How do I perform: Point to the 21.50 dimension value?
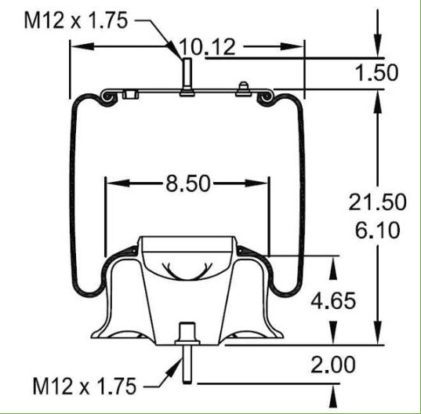tap(378, 202)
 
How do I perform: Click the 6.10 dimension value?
tap(378, 230)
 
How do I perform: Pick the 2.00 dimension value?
tap(333, 365)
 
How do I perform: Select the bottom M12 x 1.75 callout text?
tap(84, 385)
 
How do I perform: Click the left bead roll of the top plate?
tap(107, 97)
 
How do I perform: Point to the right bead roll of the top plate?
tap(267, 97)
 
